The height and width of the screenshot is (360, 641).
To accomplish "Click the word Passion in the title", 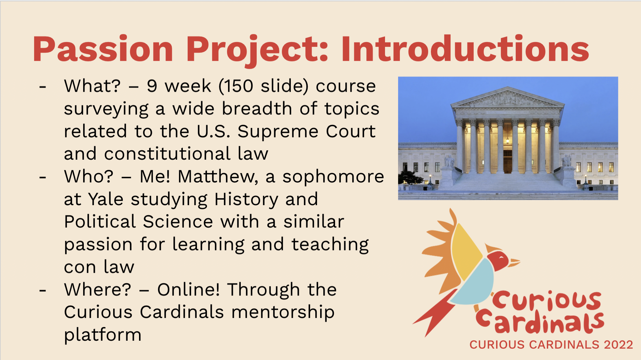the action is [x=103, y=49].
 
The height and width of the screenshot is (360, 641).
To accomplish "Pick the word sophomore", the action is [x=333, y=177].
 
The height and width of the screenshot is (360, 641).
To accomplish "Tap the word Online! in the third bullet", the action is [x=188, y=289].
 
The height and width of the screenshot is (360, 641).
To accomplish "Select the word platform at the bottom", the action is [x=103, y=335].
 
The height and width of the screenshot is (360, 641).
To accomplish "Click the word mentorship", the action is [x=283, y=312].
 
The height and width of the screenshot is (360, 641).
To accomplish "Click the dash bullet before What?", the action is [x=43, y=87].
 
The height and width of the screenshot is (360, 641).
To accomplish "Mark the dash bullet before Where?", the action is [x=43, y=291].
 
